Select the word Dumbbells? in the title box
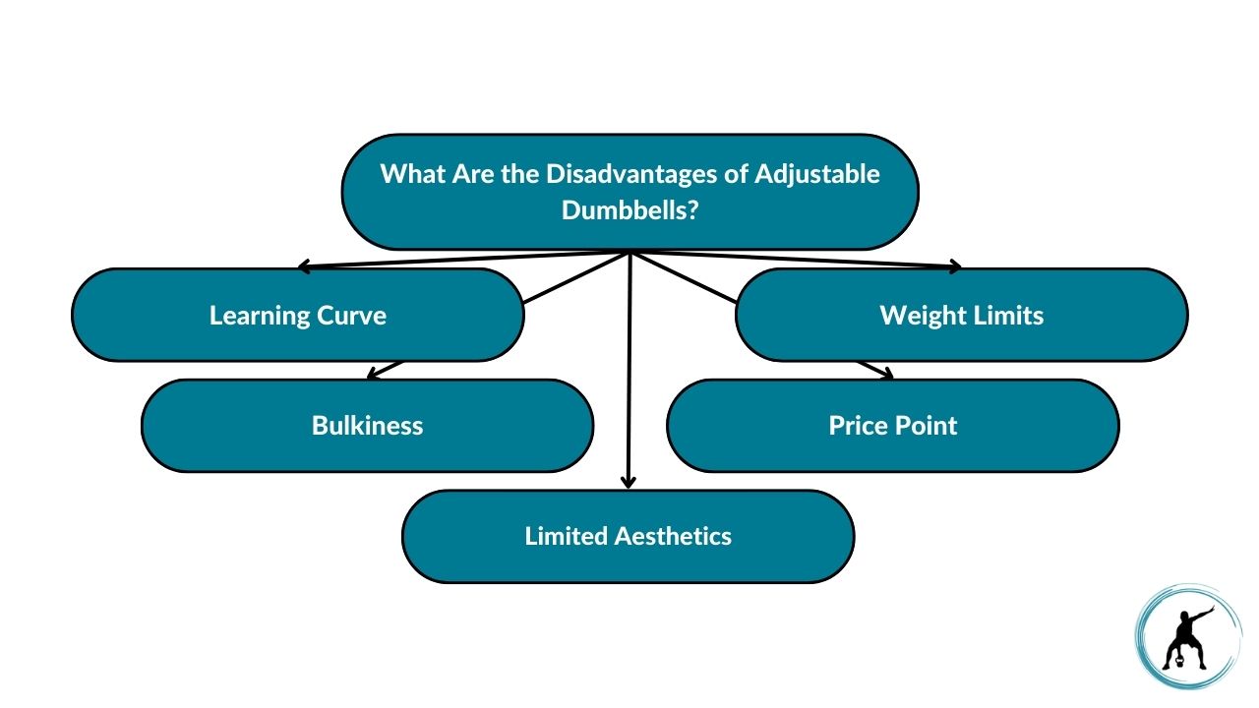pos(629,209)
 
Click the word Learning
pos(260,316)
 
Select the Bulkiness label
pos(367,426)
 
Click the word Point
pos(929,426)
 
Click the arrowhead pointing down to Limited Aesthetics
pos(629,482)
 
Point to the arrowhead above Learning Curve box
pos(305,265)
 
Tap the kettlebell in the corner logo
pos(1173,662)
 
